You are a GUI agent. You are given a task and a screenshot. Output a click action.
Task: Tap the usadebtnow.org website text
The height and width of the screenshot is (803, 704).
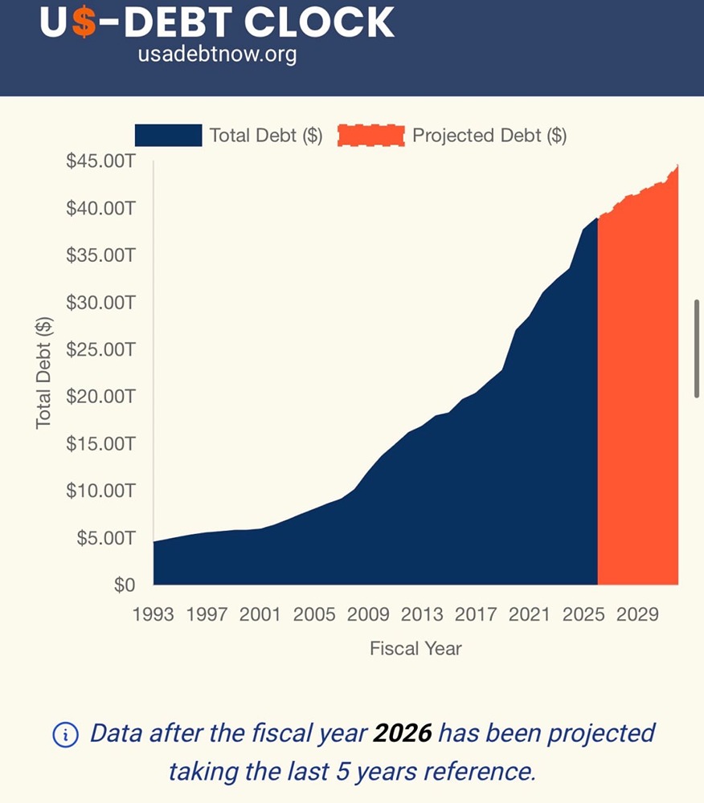point(217,55)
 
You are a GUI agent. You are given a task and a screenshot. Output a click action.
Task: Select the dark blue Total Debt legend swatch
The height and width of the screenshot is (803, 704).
point(168,136)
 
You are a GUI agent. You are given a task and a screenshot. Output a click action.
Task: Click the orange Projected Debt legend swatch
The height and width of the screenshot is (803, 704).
point(370,136)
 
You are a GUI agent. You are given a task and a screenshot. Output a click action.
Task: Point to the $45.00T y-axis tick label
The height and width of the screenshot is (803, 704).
point(100,161)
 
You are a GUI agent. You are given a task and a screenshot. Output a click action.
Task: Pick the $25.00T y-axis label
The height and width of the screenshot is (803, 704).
point(100,349)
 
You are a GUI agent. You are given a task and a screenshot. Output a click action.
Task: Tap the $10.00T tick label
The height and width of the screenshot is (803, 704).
point(100,491)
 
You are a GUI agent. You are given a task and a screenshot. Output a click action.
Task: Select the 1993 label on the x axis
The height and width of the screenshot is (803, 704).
point(153,615)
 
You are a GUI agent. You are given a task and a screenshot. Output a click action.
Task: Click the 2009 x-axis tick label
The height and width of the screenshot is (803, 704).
point(368,615)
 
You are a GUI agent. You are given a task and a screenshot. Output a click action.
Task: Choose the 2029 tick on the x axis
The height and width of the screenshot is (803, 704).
point(637,615)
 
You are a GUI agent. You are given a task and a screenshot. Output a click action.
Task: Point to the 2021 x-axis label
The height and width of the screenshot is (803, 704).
point(530,615)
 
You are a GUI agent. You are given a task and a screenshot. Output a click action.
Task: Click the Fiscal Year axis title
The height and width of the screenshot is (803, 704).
point(415,649)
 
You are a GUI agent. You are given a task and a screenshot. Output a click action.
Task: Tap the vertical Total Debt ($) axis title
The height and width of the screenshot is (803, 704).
point(45,373)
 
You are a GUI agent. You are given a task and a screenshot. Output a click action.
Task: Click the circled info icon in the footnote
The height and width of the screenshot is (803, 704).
point(66,734)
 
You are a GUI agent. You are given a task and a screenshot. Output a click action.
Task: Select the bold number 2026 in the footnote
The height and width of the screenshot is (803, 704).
point(402,733)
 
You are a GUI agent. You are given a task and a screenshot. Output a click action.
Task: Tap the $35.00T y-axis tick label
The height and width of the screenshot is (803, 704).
point(100,255)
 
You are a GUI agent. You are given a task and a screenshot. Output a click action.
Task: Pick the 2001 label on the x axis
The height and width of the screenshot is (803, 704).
point(260,615)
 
